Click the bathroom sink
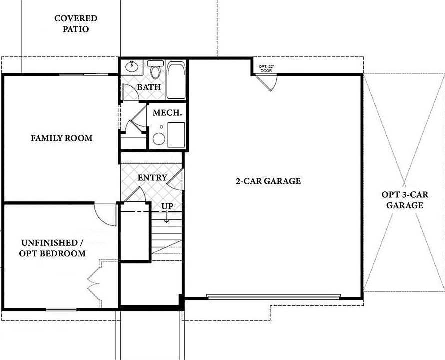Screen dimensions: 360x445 [x=133, y=65]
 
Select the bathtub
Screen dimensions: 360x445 [x=176, y=80]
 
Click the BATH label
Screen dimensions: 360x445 [x=149, y=87]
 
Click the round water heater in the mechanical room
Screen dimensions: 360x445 [x=159, y=139]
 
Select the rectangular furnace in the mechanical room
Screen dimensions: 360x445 [x=176, y=135]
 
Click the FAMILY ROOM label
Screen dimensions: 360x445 [x=61, y=138]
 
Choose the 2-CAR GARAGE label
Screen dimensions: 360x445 [x=268, y=181]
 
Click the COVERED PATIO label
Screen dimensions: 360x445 [x=75, y=24]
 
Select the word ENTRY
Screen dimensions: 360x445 [x=152, y=178]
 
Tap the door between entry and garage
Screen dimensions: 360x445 [x=176, y=180]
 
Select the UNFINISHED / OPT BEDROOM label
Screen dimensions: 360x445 [x=53, y=248]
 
